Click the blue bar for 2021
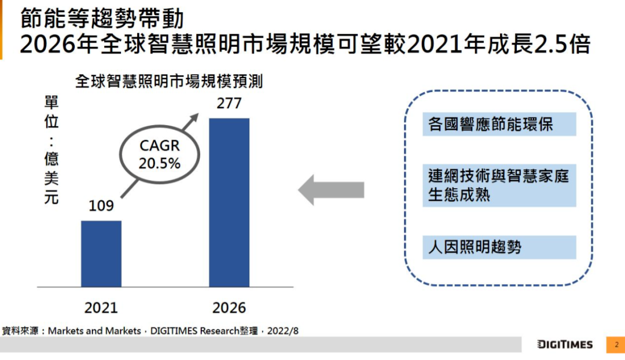101,254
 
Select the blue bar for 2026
229,203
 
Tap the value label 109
101,205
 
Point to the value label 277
229,103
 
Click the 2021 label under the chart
101,308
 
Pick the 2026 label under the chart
229,308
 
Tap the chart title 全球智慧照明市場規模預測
169,82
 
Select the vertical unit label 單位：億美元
52,150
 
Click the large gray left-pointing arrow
331,190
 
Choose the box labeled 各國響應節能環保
499,124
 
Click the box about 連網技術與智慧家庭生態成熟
499,185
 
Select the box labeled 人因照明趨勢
499,247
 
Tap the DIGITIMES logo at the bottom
565,344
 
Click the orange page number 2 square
616,345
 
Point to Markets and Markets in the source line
94,331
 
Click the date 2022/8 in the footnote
282,331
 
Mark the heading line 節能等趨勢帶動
102,19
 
